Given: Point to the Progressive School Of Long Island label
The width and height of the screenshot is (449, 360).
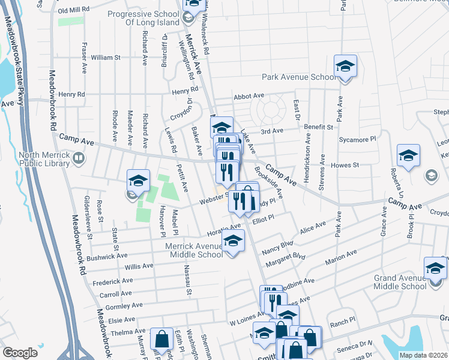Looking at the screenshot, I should click(143, 18).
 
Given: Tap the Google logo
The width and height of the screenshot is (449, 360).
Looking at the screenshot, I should click(20, 352).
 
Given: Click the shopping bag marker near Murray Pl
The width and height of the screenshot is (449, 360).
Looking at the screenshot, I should click(161, 339).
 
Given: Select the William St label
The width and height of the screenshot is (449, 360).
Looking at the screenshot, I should click(106, 58).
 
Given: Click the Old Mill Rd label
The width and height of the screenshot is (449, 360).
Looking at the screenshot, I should click(73, 11).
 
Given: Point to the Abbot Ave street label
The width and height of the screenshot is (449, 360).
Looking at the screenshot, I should click(249, 96).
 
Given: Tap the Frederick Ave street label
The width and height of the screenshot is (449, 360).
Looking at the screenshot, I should click(113, 281).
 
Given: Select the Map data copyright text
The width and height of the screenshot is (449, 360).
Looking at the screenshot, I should click(423, 355).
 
